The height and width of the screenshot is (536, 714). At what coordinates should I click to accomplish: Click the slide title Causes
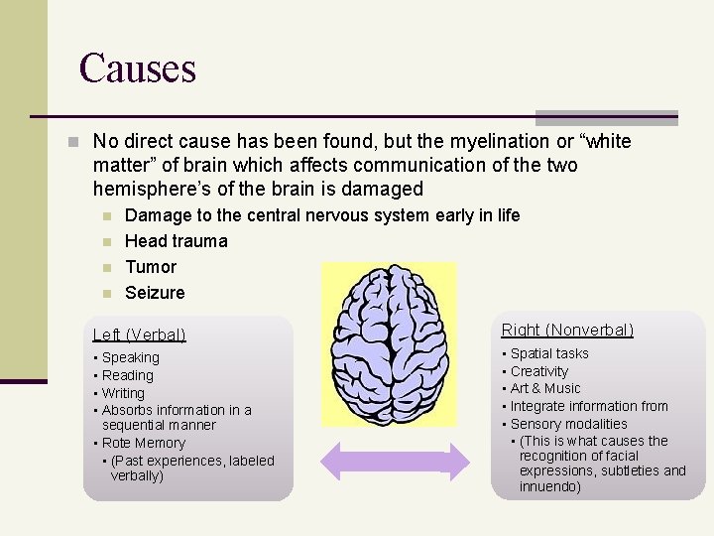(x=138, y=68)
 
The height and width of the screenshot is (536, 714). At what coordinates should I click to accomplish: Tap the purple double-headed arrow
(x=394, y=463)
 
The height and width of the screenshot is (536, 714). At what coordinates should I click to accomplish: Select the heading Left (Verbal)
(x=139, y=335)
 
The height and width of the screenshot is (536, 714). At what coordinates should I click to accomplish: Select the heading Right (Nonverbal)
(x=567, y=330)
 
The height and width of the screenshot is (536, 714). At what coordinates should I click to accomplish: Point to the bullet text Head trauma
(x=176, y=241)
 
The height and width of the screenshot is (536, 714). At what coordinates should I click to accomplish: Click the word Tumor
(x=151, y=267)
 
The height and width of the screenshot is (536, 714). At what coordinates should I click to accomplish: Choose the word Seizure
(x=155, y=293)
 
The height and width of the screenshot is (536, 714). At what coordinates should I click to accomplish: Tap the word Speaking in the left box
(x=130, y=357)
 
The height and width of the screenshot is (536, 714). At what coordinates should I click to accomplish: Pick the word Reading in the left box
(x=128, y=375)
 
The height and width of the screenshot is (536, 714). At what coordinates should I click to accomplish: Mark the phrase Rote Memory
(x=144, y=443)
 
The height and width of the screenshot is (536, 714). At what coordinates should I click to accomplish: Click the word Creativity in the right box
(x=539, y=371)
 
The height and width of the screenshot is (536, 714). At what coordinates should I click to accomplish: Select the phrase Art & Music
(x=545, y=388)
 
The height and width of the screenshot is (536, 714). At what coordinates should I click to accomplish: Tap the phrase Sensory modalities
(x=569, y=424)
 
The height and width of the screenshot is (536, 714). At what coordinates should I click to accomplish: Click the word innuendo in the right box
(x=550, y=486)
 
